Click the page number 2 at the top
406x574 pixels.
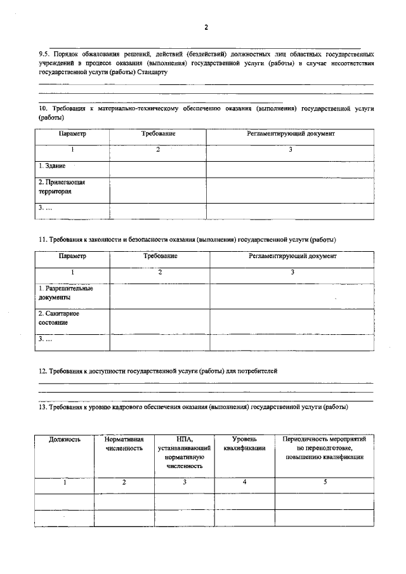206,27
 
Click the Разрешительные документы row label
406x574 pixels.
65,292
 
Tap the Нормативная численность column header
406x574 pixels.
124,444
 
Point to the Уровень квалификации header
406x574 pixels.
244,444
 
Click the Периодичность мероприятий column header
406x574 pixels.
324,448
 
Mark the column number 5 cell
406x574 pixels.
325,483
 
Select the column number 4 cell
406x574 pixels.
244,483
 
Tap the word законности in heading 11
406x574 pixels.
104,239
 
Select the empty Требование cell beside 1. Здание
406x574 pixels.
157,169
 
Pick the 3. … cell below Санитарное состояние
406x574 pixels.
72,340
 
